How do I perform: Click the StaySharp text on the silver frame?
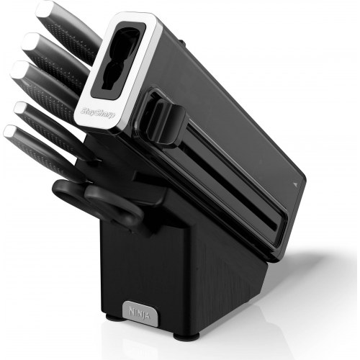tap(98, 112)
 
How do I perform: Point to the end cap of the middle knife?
tap(19, 68)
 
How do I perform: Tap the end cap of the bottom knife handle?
tap(11, 132)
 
